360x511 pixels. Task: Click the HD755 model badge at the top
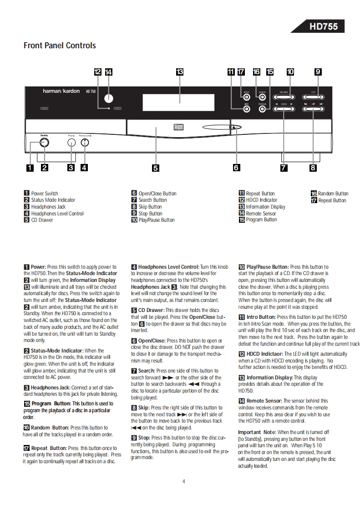coord(324,26)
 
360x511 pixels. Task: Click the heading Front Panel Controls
coord(60,46)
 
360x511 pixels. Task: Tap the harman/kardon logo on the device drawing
coord(61,91)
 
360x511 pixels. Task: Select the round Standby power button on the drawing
coord(44,142)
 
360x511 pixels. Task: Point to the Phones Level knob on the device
coord(85,143)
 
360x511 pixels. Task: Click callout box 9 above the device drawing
coord(318,72)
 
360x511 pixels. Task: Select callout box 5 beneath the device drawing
coord(156,168)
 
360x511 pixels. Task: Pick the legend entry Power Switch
coord(45,194)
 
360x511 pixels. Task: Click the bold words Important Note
coord(257,432)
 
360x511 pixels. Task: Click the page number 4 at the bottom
coord(183,481)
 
